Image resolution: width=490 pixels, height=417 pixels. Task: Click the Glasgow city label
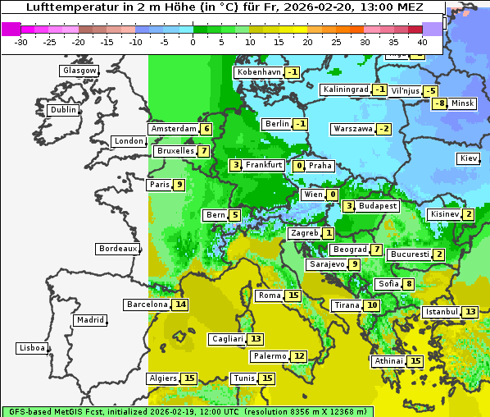(79, 71)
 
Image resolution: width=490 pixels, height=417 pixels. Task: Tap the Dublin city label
(63, 110)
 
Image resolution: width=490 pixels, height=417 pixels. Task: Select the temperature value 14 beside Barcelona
(180, 305)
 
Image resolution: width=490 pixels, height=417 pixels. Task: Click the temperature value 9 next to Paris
(179, 185)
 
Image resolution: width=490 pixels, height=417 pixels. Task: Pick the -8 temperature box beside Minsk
(440, 103)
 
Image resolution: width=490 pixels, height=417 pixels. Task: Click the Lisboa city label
(32, 348)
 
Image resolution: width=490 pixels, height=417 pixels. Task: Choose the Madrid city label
(90, 320)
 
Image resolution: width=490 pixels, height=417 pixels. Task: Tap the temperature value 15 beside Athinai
(415, 361)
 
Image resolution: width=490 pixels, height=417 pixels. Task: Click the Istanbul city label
(442, 312)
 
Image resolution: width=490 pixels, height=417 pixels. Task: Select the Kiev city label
(469, 158)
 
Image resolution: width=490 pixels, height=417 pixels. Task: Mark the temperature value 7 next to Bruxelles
(203, 151)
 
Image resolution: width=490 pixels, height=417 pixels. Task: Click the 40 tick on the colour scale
(422, 42)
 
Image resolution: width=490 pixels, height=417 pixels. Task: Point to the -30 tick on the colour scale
(21, 42)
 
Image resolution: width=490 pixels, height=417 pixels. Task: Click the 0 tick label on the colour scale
(193, 42)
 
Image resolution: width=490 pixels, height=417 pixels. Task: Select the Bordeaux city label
(118, 249)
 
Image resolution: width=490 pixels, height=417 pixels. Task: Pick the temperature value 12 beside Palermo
(299, 356)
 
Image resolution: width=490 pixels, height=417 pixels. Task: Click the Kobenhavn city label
(259, 72)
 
